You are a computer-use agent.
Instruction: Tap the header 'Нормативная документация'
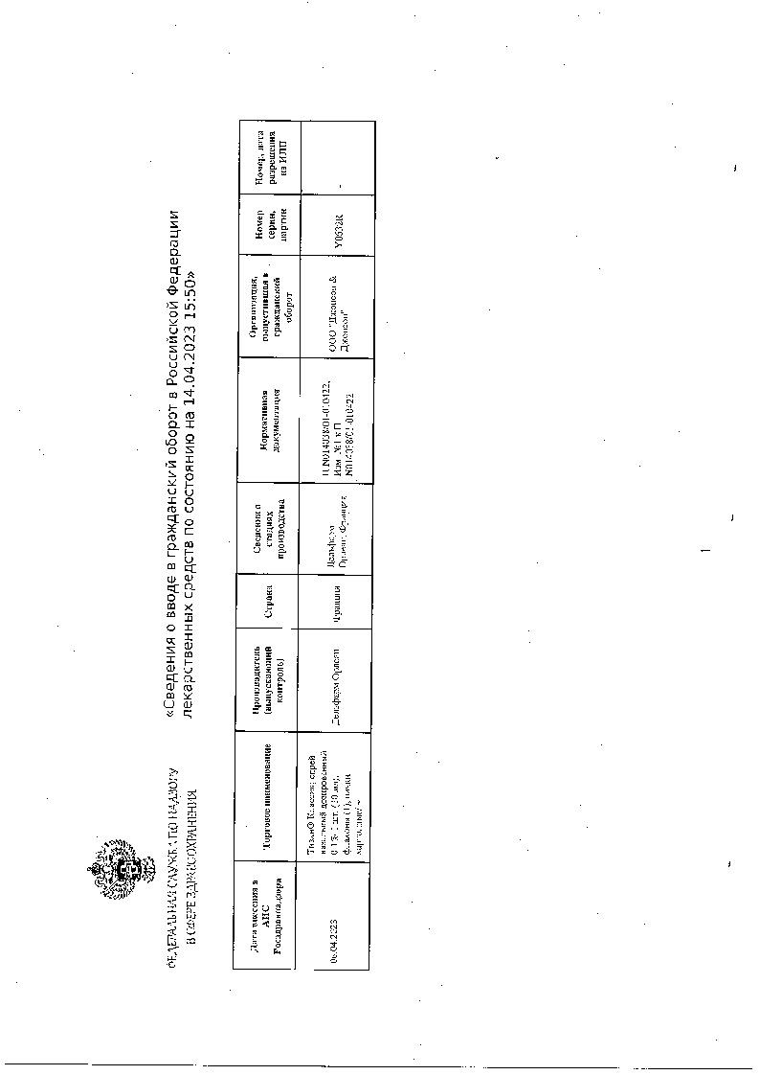coord(267,422)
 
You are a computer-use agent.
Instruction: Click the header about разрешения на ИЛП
coord(267,157)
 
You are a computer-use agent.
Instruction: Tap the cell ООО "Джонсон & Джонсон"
coord(337,307)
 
